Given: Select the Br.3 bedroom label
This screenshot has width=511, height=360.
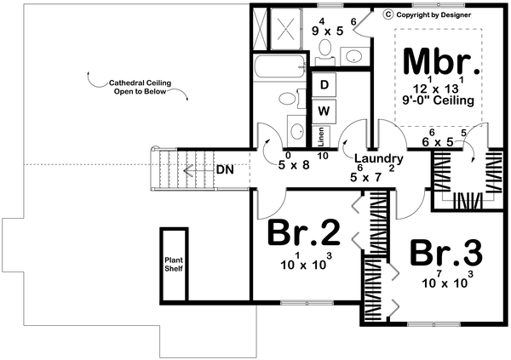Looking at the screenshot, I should pos(446,254).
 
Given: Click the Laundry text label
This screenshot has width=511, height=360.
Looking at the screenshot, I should pos(378,158).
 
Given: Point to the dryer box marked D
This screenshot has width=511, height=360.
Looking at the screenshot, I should pos(324,84).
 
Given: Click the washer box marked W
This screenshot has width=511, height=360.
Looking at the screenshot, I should pos(324,111).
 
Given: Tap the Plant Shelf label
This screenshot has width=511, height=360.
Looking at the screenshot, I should pos(174,264).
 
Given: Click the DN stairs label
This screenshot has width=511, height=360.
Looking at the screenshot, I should pos(225,169).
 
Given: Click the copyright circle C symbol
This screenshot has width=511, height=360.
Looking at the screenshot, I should pos(388,14).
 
